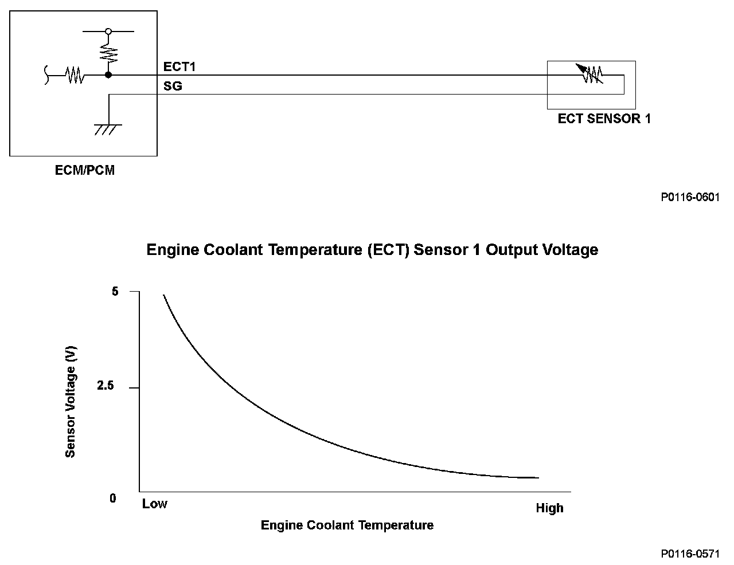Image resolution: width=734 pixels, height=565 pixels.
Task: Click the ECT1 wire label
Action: (x=179, y=66)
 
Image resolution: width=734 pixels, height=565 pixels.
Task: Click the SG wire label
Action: (x=173, y=87)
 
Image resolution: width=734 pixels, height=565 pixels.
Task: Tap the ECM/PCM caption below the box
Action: (x=84, y=170)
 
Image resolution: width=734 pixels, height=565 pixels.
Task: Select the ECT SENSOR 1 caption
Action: (x=604, y=119)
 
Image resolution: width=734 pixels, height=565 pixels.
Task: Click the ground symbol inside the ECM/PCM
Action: (x=108, y=129)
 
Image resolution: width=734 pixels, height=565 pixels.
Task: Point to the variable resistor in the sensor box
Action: (x=591, y=74)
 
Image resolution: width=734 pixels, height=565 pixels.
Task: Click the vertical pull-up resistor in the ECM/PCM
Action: (x=108, y=53)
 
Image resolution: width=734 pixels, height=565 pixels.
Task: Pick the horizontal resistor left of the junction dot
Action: (x=75, y=75)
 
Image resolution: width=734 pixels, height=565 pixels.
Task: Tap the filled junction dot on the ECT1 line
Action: (x=108, y=75)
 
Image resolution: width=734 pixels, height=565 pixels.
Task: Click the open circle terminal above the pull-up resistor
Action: (x=108, y=31)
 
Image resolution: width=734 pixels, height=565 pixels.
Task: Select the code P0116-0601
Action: (x=690, y=197)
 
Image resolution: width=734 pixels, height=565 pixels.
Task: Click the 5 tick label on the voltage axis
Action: (x=115, y=291)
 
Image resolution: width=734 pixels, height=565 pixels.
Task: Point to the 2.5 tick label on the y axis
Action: (x=106, y=386)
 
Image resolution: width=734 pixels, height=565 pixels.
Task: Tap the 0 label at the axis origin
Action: (x=113, y=498)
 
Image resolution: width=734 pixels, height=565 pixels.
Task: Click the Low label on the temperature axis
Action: (x=155, y=504)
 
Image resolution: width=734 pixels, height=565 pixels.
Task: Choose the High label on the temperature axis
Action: (x=549, y=508)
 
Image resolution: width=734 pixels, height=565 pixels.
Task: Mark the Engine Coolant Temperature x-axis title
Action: (x=347, y=525)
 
